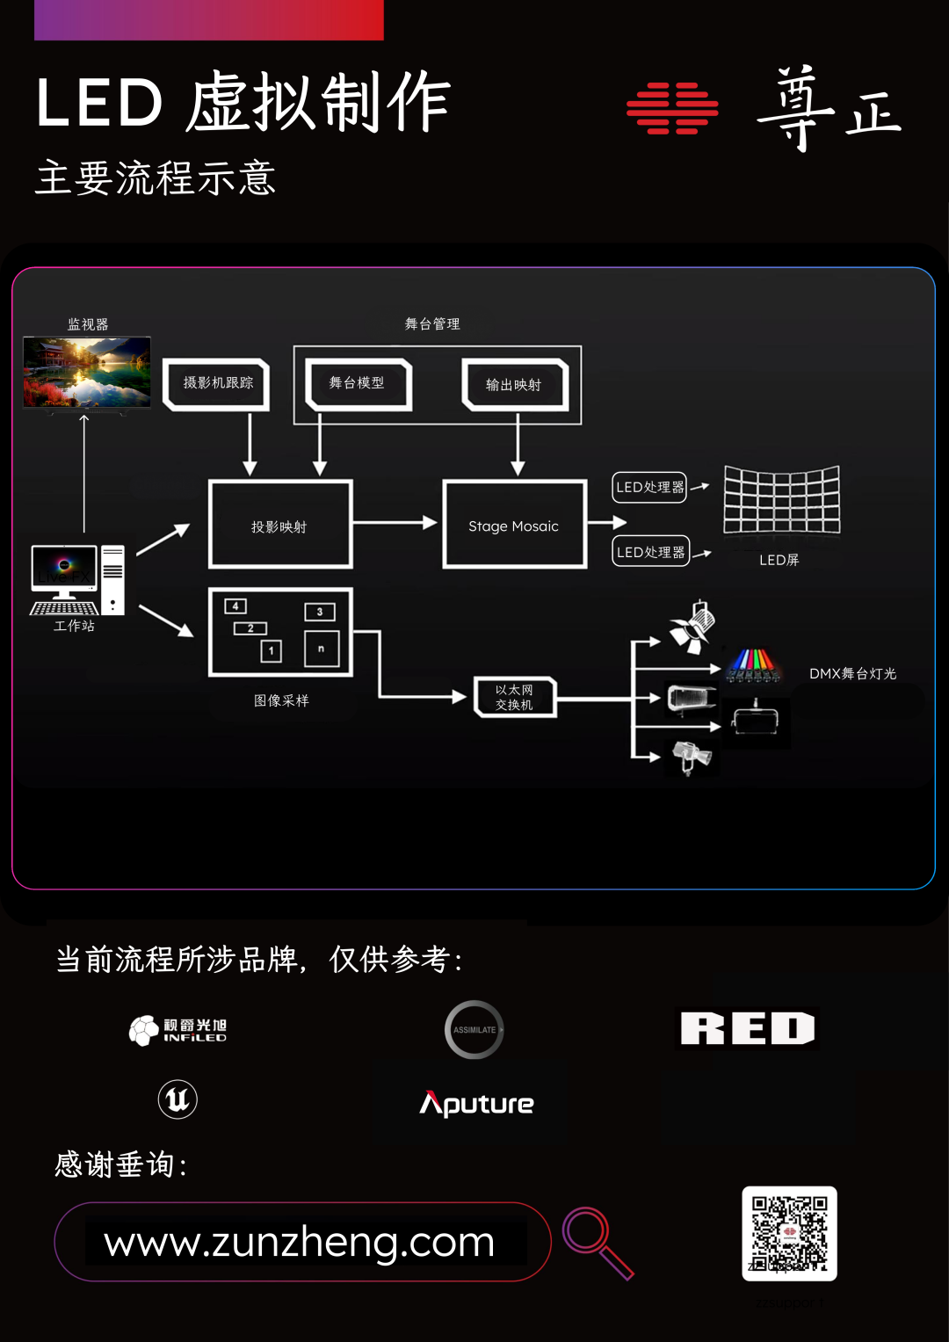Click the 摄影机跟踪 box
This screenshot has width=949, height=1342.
click(216, 384)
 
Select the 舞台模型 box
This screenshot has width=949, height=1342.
click(358, 384)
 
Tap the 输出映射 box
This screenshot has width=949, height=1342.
click(515, 385)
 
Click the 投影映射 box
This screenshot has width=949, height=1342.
click(280, 525)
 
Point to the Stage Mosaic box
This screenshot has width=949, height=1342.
click(514, 525)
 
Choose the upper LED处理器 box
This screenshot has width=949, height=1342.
click(650, 487)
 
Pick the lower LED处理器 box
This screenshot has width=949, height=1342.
click(650, 552)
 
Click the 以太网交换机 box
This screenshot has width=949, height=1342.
click(515, 698)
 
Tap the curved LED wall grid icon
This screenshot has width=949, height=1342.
click(781, 499)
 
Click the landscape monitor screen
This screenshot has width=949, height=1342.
click(87, 372)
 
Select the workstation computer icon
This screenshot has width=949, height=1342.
click(77, 580)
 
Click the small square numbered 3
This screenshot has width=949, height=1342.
click(320, 612)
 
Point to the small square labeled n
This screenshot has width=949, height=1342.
click(321, 649)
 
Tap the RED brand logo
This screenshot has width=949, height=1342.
click(748, 1028)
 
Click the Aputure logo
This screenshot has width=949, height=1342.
click(477, 1103)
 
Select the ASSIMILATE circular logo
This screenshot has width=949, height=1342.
click(474, 1029)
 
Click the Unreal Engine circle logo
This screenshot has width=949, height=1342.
click(177, 1099)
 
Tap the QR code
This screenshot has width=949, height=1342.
click(789, 1233)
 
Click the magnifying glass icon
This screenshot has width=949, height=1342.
click(597, 1242)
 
